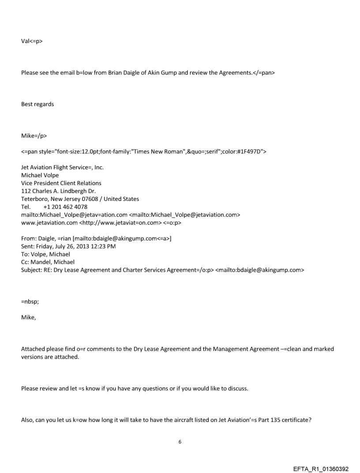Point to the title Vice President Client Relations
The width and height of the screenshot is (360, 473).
click(61, 183)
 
